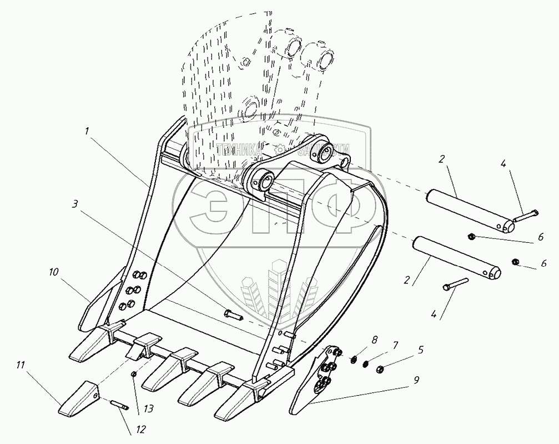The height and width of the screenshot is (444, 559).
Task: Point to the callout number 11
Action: [21, 365]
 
